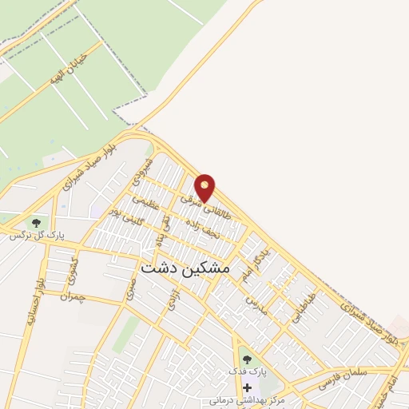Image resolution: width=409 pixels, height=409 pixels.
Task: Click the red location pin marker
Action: (206, 186)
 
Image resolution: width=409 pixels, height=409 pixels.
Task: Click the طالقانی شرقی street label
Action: (197, 204)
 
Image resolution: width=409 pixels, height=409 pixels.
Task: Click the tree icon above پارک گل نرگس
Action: (36, 221)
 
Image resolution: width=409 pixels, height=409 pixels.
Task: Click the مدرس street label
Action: (254, 304)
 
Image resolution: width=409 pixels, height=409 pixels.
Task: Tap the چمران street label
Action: (77, 296)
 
